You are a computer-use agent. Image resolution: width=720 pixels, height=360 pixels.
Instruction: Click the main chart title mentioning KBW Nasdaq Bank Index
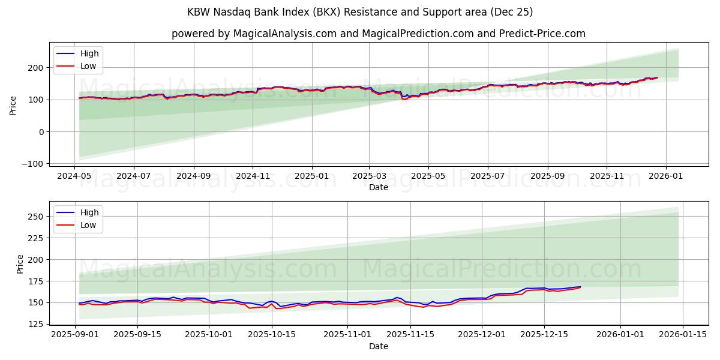(360, 12)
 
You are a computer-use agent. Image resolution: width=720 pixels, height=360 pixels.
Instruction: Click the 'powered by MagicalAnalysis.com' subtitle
(378, 34)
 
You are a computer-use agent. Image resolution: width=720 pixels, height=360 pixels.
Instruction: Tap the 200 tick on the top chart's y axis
(37, 68)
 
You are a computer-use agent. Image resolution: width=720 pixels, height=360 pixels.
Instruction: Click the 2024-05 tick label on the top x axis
(74, 176)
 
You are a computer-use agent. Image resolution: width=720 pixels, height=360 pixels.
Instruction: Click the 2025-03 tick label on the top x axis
(369, 176)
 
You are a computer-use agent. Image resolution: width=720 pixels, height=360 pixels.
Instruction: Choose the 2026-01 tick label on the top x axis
(665, 176)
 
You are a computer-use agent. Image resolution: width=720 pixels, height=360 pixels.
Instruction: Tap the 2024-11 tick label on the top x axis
(253, 176)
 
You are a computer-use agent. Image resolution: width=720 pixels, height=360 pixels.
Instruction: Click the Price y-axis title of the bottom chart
(20, 264)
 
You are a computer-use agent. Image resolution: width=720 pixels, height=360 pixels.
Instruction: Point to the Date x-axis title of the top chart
(378, 187)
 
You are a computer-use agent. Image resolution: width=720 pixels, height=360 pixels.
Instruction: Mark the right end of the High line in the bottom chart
(580, 287)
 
